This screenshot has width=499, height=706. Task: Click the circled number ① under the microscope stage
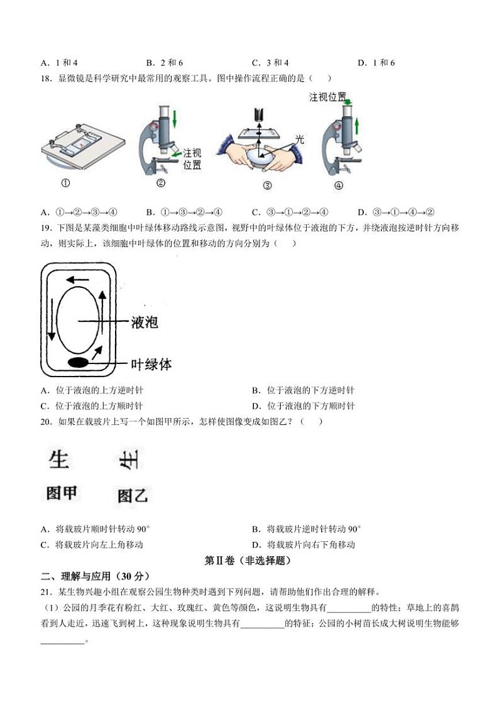click(65, 183)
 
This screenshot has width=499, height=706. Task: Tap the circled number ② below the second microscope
click(160, 183)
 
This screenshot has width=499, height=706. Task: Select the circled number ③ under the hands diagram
click(267, 185)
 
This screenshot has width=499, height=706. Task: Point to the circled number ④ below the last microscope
click(339, 185)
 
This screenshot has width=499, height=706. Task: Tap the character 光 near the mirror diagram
click(300, 140)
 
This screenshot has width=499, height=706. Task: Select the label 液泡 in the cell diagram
click(144, 323)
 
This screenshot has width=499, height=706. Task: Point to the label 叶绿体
click(151, 364)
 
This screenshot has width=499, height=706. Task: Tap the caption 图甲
click(61, 494)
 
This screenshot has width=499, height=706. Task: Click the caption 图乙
click(133, 496)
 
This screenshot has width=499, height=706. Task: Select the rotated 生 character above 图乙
click(129, 463)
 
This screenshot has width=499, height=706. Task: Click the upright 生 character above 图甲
click(58, 460)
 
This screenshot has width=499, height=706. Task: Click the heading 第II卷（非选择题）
click(248, 560)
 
